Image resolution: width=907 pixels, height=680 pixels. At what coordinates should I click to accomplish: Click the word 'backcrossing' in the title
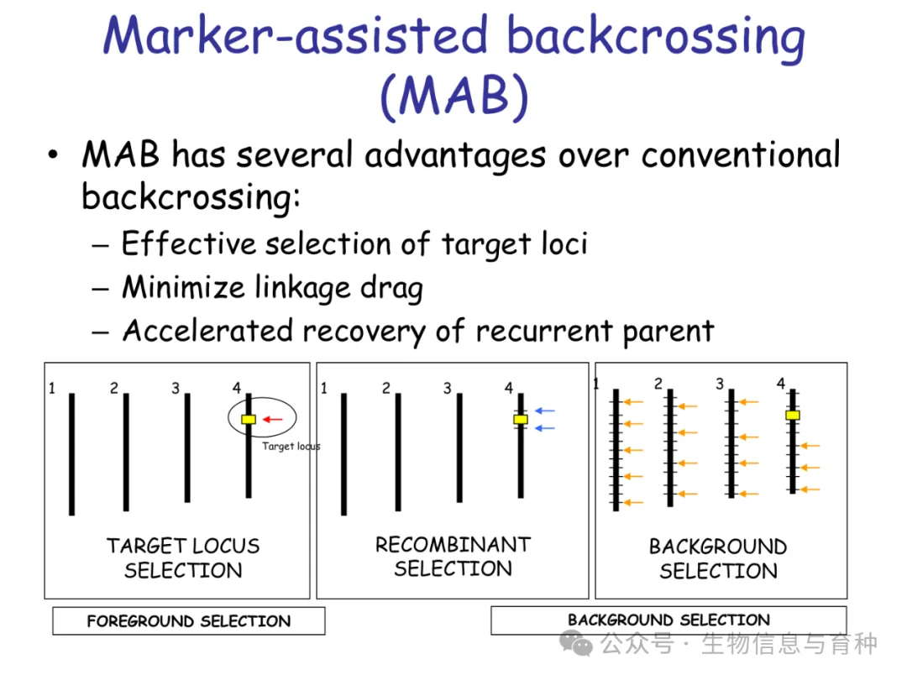pyautogui.click(x=654, y=38)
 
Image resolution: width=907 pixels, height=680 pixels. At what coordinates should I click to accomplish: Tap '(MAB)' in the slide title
pyautogui.click(x=454, y=97)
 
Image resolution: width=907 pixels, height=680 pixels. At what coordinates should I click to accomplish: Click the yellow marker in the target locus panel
pyautogui.click(x=249, y=419)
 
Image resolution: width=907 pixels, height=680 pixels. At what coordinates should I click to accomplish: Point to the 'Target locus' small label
pyautogui.click(x=291, y=446)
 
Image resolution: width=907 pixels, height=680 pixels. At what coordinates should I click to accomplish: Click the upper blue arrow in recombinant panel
pyautogui.click(x=545, y=411)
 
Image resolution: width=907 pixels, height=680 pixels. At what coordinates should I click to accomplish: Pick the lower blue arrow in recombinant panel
pyautogui.click(x=545, y=428)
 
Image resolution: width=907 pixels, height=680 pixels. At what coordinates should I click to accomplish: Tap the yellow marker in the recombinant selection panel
pyautogui.click(x=521, y=419)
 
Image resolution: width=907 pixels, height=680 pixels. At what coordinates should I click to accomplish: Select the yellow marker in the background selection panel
pyautogui.click(x=792, y=415)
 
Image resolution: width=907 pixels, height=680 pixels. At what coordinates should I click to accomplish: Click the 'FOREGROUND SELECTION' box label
pyautogui.click(x=189, y=621)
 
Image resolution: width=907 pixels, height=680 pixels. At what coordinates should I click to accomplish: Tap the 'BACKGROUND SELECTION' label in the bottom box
pyautogui.click(x=668, y=620)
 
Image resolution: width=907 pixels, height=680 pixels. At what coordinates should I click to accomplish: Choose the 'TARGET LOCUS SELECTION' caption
pyautogui.click(x=183, y=558)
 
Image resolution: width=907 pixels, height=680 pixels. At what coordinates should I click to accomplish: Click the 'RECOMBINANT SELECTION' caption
pyautogui.click(x=453, y=557)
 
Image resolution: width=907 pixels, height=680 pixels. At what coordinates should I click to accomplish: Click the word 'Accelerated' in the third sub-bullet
pyautogui.click(x=207, y=331)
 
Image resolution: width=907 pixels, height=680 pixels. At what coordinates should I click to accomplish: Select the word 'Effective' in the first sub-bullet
pyautogui.click(x=188, y=244)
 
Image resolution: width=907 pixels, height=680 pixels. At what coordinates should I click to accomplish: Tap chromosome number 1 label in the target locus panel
pyautogui.click(x=52, y=389)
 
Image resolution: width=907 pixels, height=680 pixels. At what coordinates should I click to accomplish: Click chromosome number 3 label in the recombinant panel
pyautogui.click(x=448, y=389)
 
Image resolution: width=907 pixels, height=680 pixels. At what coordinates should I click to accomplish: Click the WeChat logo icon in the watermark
pyautogui.click(x=577, y=644)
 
